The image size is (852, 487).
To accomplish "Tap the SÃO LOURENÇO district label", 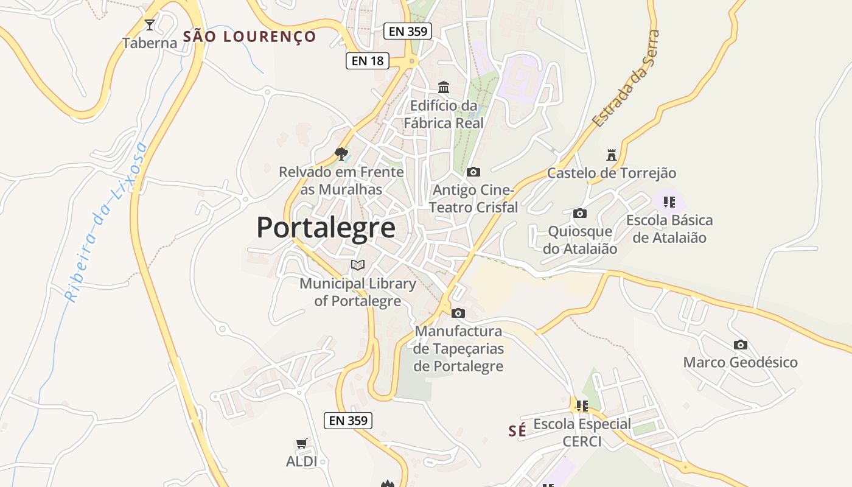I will coord(250,37).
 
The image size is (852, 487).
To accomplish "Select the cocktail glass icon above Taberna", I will coord(150,25).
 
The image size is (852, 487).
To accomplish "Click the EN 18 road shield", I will coord(368,61).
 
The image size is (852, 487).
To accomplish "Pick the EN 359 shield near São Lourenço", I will coord(408,31).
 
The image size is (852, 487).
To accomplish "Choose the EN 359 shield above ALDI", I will coord(347,420).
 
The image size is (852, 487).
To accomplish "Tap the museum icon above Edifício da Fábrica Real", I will coord(444,87).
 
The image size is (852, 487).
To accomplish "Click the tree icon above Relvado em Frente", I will coord(341,153).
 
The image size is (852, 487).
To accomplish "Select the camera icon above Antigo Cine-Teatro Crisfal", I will coord(473,172).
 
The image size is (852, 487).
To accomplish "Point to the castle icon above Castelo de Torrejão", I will coord(612,155).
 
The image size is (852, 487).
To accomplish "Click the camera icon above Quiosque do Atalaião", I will coord(580,214).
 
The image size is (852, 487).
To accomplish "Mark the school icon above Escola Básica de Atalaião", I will coord(669,202).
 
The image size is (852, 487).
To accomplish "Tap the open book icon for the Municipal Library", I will coord(358,265).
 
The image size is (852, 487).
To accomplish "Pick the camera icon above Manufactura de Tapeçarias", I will coord(458,314).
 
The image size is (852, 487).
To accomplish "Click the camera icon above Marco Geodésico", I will coord(740,345).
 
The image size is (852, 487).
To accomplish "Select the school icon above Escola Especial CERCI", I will coord(582,405).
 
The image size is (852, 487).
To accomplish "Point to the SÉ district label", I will coord(517,431).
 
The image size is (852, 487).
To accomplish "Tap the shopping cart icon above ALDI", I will coord(301,443).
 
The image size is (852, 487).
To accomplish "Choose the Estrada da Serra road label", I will coord(626,79).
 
